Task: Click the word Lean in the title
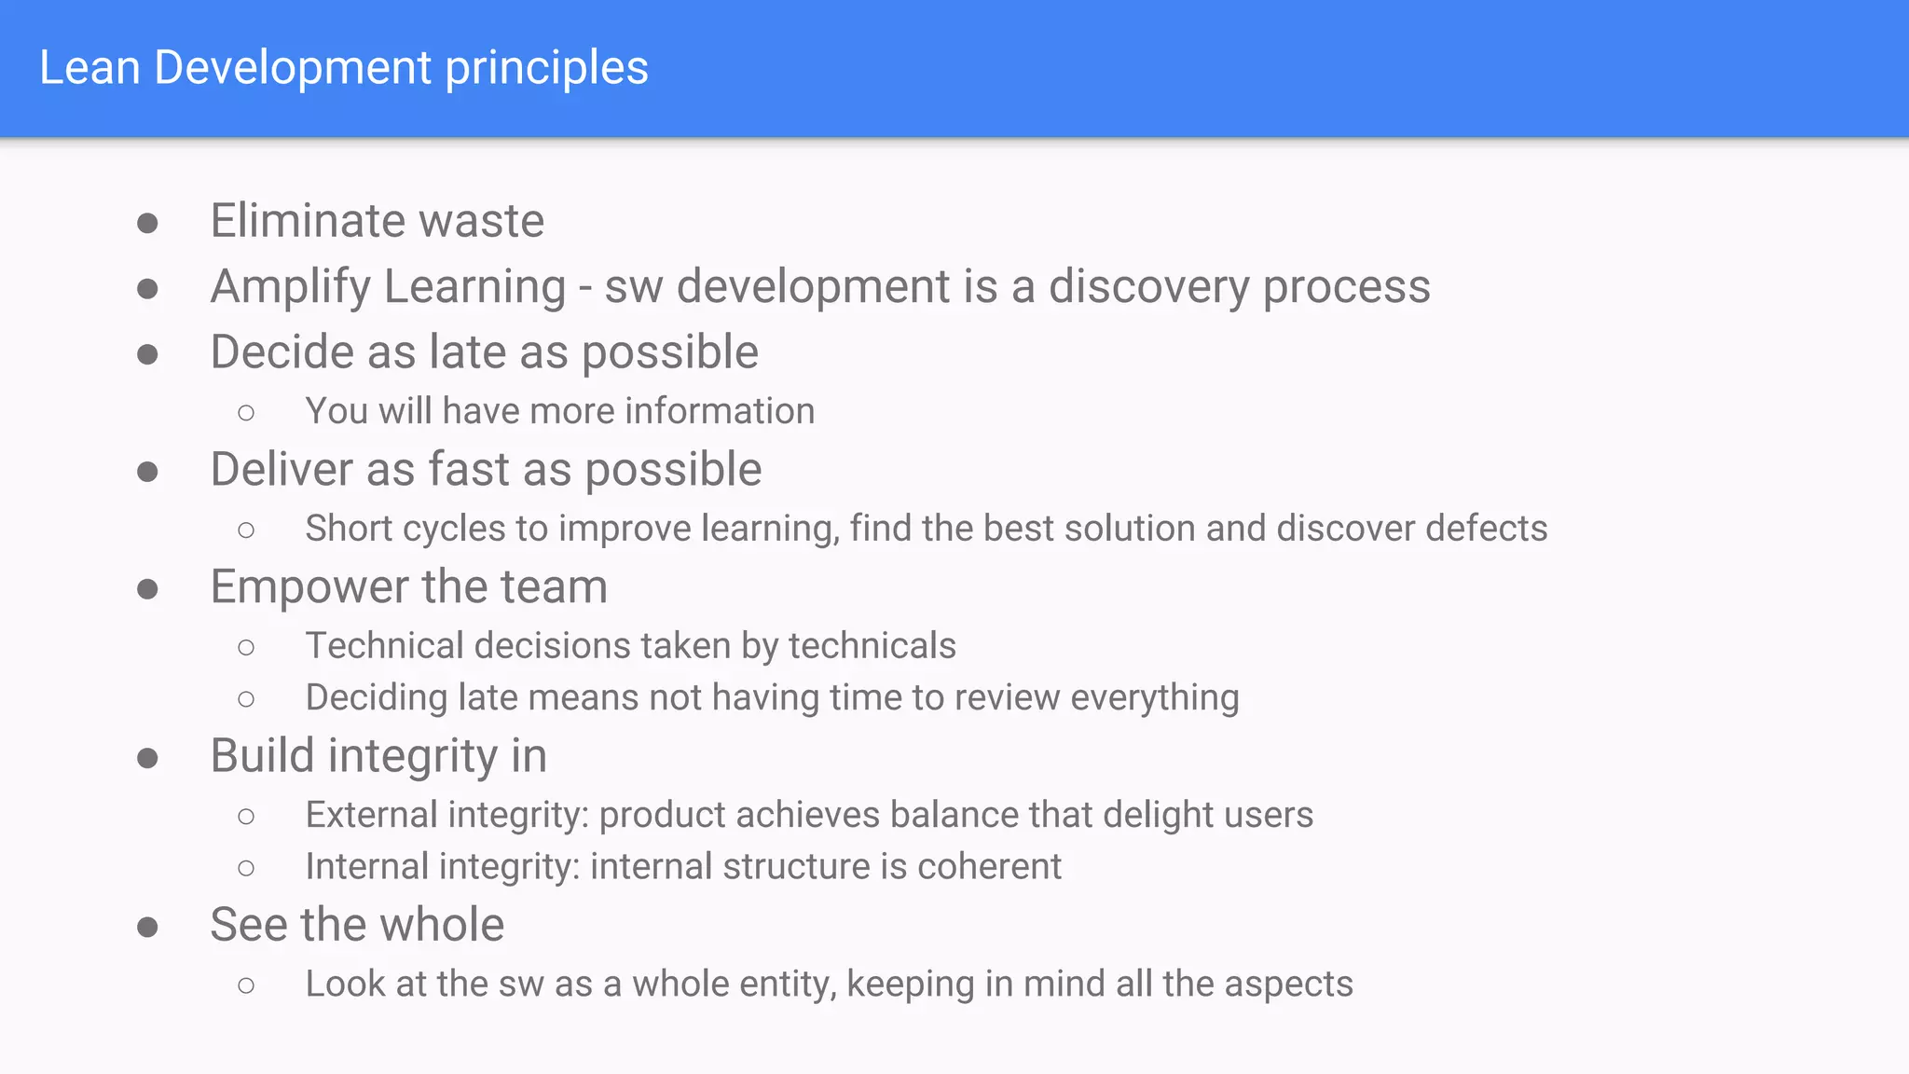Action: click(89, 68)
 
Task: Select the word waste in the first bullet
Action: click(481, 221)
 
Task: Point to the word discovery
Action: click(1148, 287)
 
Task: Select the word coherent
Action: click(989, 867)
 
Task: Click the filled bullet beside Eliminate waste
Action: click(147, 223)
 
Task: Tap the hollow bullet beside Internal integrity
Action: click(246, 869)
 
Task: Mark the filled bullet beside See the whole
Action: click(147, 927)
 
